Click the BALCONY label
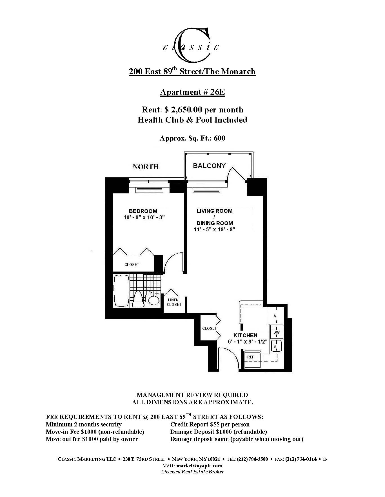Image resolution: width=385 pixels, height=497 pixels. click(x=209, y=166)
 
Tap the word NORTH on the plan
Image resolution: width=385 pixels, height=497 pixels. click(x=146, y=167)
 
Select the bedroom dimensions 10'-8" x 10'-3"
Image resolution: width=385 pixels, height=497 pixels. click(x=144, y=217)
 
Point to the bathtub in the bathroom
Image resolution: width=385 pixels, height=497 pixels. click(x=121, y=291)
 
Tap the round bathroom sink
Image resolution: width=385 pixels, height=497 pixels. click(x=154, y=300)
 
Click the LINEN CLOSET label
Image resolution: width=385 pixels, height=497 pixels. click(x=174, y=302)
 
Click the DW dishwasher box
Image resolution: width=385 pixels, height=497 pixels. click(x=277, y=332)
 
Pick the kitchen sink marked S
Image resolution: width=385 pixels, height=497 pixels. click(x=276, y=346)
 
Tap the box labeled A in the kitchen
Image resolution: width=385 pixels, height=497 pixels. click(x=275, y=316)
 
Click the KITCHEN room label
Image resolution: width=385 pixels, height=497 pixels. click(x=245, y=335)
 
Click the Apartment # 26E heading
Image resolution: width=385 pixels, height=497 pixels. click(x=192, y=92)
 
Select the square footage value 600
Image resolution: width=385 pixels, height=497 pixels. click(x=219, y=138)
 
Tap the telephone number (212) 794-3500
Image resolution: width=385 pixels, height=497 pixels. click(x=252, y=459)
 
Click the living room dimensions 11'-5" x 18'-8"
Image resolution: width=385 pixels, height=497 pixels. click(x=214, y=229)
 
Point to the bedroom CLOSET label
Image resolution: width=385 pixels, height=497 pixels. click(x=132, y=265)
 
